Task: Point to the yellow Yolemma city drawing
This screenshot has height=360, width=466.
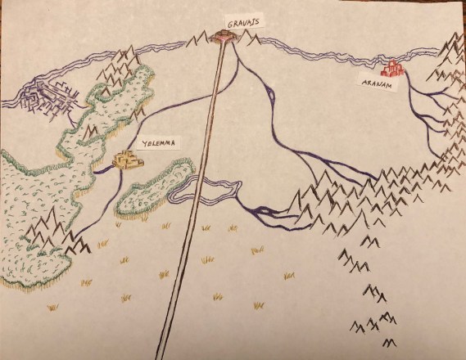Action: tap(127, 161)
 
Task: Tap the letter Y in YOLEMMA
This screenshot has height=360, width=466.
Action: tap(144, 144)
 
